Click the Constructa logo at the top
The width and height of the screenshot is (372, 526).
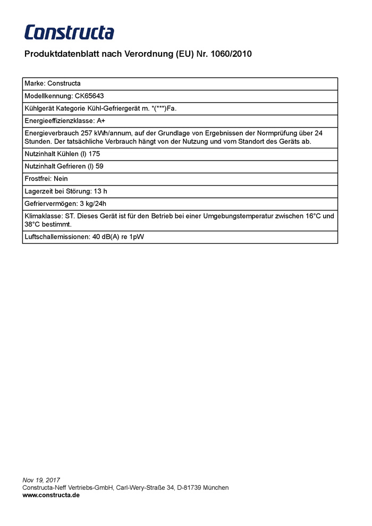click(69, 32)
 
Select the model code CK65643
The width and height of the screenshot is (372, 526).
click(89, 96)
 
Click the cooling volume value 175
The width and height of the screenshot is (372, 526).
click(95, 154)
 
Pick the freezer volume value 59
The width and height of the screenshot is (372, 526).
click(99, 166)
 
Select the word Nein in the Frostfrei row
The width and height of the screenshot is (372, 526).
click(61, 179)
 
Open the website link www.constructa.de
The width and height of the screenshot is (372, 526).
click(51, 495)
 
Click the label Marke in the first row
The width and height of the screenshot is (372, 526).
click(34, 84)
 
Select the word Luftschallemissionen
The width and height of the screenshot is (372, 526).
click(56, 237)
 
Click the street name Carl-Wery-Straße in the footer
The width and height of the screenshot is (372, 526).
click(140, 488)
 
